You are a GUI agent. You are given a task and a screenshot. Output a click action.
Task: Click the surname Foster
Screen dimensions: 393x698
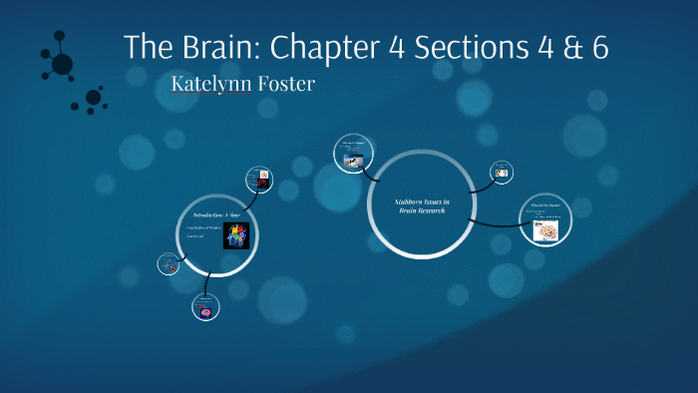[284, 84]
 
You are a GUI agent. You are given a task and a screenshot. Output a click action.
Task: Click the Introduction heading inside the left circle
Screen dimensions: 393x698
[216, 214]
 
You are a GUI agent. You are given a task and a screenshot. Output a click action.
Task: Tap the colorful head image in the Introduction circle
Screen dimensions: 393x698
[235, 235]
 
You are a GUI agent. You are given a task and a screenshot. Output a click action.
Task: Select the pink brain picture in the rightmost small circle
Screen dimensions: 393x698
[545, 229]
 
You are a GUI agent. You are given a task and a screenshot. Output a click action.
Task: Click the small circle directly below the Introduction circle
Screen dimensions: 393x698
[204, 308]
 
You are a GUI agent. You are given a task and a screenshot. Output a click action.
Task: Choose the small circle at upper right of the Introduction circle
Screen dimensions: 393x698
[259, 180]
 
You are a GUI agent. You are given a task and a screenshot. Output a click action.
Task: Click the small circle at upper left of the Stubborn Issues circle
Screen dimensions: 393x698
[352, 154]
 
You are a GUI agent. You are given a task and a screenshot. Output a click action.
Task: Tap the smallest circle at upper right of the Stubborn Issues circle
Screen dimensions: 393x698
[503, 172]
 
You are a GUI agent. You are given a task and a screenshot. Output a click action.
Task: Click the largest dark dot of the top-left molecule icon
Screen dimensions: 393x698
[62, 65]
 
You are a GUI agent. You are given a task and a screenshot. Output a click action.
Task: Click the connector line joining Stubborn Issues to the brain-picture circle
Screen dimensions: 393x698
[494, 222]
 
